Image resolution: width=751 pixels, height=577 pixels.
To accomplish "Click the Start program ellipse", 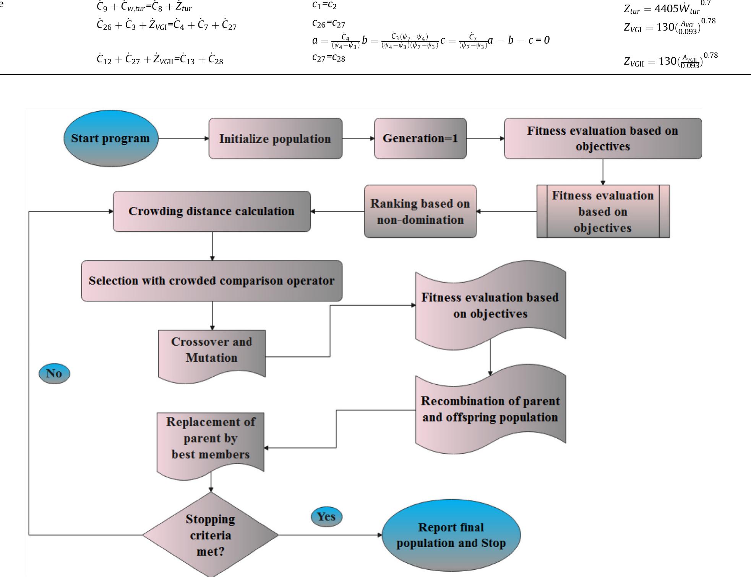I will (110, 138).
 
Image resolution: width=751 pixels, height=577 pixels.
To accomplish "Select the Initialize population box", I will (275, 138).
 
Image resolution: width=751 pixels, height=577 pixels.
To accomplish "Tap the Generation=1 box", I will (420, 138).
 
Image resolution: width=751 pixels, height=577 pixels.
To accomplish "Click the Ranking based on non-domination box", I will (420, 211).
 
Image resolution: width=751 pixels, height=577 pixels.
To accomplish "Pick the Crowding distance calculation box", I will (211, 211).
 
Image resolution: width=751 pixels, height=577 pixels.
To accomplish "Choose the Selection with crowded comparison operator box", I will (211, 281).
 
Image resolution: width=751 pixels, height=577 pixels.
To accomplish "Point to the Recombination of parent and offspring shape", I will (490, 409).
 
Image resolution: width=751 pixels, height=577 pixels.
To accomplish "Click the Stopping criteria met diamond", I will (210, 535).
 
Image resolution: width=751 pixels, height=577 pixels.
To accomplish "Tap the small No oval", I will (54, 374).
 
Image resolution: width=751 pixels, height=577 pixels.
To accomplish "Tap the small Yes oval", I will (326, 517).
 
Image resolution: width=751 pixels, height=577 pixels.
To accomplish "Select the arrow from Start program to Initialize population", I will (183, 138).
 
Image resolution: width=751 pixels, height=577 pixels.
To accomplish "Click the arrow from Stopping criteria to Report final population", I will (331, 535).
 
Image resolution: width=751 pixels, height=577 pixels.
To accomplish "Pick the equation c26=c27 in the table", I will (328, 24).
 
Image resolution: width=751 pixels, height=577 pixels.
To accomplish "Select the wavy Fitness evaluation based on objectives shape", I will (490, 306).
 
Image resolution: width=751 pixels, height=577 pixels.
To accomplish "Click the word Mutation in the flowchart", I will (211, 358).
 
